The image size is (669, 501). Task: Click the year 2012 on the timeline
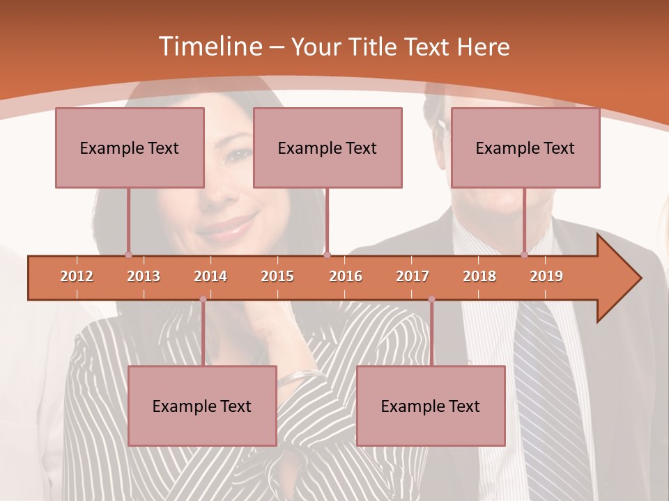coord(77,276)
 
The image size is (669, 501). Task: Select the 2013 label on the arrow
coord(144,276)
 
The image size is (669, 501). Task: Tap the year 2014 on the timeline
coord(210,276)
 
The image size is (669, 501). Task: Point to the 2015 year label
coord(277,276)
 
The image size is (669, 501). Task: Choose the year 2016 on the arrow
coord(346,276)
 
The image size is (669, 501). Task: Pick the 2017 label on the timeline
coord(413,276)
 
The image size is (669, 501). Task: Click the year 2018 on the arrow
coord(479,276)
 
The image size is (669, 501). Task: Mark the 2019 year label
coord(546,276)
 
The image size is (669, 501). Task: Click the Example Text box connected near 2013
coord(130,148)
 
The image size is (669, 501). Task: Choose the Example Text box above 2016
coord(328,148)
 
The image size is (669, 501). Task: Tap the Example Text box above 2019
coord(525,148)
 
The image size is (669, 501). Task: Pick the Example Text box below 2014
coord(202,406)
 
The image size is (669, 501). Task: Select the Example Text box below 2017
coord(431,406)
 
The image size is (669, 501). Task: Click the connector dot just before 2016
coord(327,255)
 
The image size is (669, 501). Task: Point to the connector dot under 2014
coord(203,299)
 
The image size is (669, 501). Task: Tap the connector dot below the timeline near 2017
coord(431,299)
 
